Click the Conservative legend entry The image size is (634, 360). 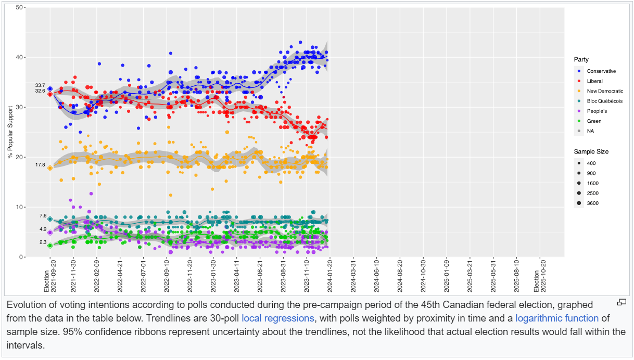pyautogui.click(x=601, y=71)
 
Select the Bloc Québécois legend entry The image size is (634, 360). pyautogui.click(x=604, y=101)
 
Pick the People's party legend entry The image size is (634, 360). pyautogui.click(x=597, y=111)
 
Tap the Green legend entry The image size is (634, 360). pyautogui.click(x=594, y=121)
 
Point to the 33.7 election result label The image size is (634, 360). pyautogui.click(x=40, y=85)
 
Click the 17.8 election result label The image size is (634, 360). pyautogui.click(x=40, y=165)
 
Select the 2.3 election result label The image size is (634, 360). pyautogui.click(x=42, y=242)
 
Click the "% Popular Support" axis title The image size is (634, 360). pyautogui.click(x=10, y=132)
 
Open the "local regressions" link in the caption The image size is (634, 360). pyautogui.click(x=278, y=318)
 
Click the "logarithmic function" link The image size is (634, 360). pyautogui.click(x=556, y=318)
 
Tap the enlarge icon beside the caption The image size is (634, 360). pyautogui.click(x=622, y=302)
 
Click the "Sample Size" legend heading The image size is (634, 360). pyautogui.click(x=591, y=151)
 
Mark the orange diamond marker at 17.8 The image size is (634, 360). pyautogui.click(x=50, y=168)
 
